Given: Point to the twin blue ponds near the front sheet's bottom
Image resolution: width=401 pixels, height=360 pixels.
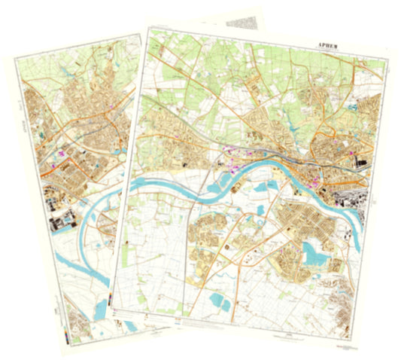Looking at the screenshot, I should tap(220, 301).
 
